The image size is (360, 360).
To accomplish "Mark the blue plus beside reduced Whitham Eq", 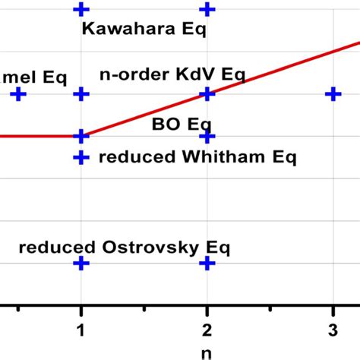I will coord(81,157).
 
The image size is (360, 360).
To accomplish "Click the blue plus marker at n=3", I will coord(332,93).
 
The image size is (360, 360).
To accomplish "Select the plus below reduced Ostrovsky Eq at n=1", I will coord(81,263).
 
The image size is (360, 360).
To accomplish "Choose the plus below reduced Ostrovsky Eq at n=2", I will coord(207,263).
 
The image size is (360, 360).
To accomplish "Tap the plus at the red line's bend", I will coord(81,136).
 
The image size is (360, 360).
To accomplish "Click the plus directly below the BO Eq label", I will coord(207,137).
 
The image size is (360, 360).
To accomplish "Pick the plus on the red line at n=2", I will coord(207,93).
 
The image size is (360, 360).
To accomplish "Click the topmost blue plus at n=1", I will coord(81,9).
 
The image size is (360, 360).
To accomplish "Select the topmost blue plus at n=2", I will coord(207,9).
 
